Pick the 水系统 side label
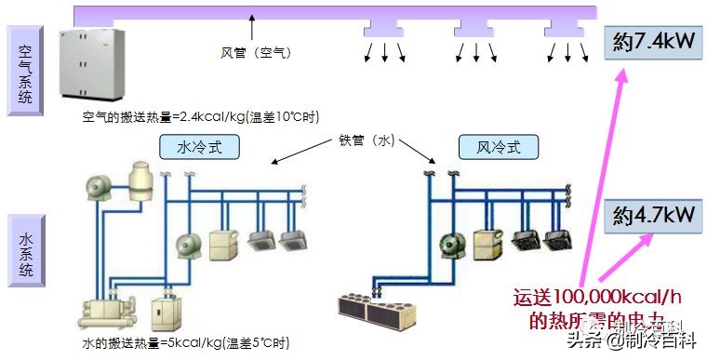pyautogui.click(x=25, y=252)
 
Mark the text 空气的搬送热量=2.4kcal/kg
pyautogui.click(x=200, y=117)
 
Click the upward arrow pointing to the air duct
pyautogui.click(x=251, y=25)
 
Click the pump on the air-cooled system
pyautogui.click(x=453, y=244)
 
